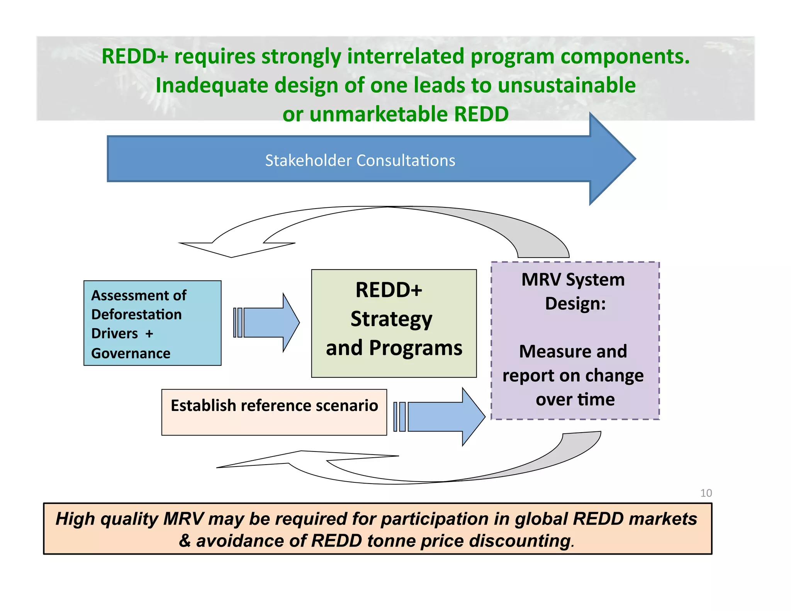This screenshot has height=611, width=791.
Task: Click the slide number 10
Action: pos(706,493)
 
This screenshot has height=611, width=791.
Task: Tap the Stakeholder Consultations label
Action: pos(360,160)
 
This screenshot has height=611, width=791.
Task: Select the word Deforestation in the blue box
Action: pos(136,314)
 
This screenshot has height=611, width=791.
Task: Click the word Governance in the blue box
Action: pos(131,353)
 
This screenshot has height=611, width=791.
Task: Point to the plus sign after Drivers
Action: pos(149,334)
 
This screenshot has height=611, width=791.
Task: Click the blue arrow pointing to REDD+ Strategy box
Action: pos(270,322)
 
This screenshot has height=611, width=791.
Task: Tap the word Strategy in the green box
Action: pos(391,319)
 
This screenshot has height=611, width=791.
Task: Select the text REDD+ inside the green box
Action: pos(389,290)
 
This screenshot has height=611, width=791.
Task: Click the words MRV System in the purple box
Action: pos(573,280)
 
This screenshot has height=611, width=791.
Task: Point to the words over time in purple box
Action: pos(575,399)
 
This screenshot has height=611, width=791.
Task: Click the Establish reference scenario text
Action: pos(274,406)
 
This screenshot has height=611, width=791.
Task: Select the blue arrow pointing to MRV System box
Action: pos(444,417)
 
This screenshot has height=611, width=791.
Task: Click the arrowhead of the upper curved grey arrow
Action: pos(232,249)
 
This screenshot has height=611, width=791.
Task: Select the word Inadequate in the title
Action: pos(211,85)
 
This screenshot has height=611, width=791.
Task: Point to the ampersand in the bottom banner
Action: pos(185,541)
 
